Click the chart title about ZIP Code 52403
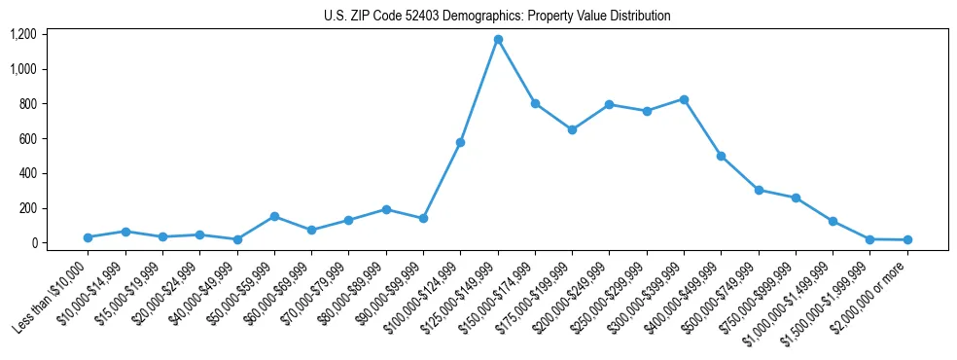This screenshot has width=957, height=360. point(497,16)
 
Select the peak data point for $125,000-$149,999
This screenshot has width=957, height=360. point(498,39)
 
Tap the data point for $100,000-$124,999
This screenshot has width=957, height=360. point(460,142)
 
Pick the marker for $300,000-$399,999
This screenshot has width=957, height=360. point(684,99)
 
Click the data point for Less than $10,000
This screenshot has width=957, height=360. point(88,237)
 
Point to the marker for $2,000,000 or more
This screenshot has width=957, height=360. point(907,239)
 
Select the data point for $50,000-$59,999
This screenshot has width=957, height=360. point(274,216)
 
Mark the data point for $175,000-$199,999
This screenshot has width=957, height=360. point(572,129)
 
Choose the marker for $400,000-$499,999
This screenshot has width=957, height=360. point(721,156)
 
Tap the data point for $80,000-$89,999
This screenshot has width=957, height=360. point(386,209)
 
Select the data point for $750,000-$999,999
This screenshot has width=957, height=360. point(796,198)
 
